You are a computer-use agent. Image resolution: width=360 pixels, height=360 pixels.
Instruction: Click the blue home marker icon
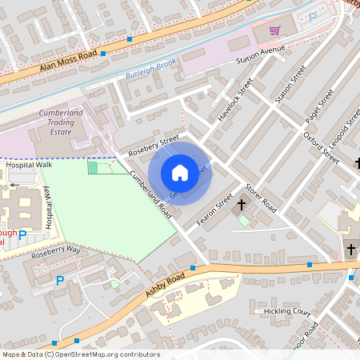pos(180,173)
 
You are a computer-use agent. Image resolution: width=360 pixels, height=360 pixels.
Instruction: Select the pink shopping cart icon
pos(275,30)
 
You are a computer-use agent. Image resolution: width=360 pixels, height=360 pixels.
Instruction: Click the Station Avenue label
pos(260,54)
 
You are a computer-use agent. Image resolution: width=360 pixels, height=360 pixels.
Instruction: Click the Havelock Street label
pos(234,100)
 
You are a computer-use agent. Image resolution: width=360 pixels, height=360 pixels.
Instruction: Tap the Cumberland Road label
pos(150,196)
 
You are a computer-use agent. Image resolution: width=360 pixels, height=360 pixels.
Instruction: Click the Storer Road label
pos(260,198)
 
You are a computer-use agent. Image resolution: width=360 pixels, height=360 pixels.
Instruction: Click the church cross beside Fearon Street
pos(242,205)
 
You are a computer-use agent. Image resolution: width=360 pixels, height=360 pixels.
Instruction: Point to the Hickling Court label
pos(286,310)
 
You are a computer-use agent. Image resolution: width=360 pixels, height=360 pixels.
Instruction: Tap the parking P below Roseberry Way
pos(59,281)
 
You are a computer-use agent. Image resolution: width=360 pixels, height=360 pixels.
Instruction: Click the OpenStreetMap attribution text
pos(80,354)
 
